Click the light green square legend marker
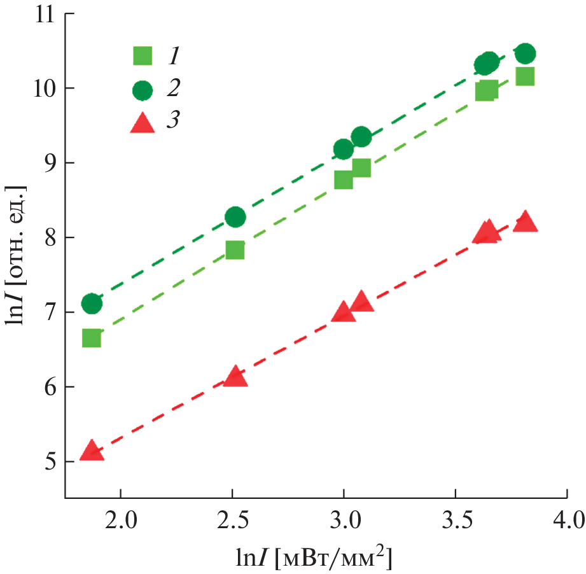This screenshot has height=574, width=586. click(143, 57)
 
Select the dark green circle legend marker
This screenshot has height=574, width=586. click(143, 90)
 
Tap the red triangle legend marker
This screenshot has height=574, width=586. click(143, 123)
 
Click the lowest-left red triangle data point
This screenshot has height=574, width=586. click(92, 451)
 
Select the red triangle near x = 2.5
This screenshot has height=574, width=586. click(235, 377)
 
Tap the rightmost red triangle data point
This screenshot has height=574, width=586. click(526, 222)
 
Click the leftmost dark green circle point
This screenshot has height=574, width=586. click(92, 304)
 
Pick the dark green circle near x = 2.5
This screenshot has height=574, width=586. click(235, 217)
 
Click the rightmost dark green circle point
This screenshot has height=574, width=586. click(525, 53)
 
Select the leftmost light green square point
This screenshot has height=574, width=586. click(92, 338)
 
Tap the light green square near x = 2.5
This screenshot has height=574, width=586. click(235, 250)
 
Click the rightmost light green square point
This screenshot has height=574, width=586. click(525, 76)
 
